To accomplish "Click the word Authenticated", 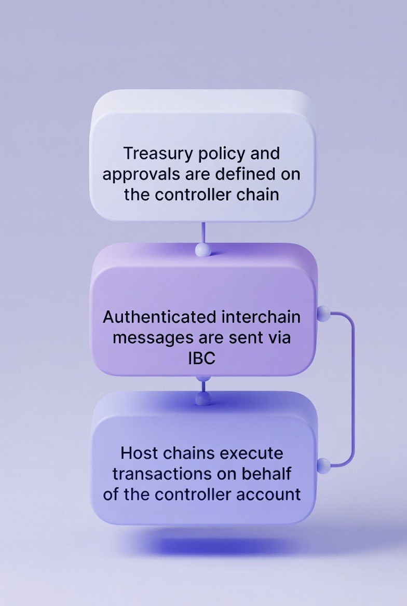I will [159, 316].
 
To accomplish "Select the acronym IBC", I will [201, 358].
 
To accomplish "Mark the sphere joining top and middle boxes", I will [202, 250].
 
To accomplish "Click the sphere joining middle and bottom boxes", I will [203, 398].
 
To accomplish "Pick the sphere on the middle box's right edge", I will [323, 313].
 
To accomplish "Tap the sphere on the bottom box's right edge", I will [323, 464].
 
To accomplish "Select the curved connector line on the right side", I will [354, 389].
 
